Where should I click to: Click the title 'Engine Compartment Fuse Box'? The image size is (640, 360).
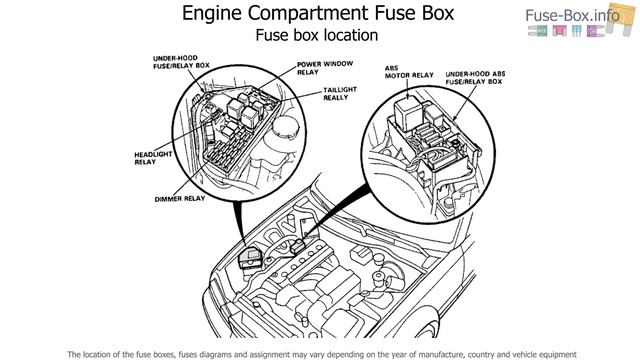[318, 13]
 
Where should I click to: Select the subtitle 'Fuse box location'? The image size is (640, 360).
[317, 35]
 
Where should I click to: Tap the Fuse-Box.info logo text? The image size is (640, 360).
[572, 16]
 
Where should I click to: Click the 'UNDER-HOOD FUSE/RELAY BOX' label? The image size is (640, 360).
[181, 62]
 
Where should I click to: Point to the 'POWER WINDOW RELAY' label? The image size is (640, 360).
[325, 68]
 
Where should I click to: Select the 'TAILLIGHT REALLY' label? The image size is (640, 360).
[340, 93]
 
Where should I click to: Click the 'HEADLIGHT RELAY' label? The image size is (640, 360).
[153, 158]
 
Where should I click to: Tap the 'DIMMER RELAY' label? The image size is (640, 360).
[180, 199]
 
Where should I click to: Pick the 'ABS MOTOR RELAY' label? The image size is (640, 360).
[409, 71]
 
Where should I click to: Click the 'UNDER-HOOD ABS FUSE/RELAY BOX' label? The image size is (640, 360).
[475, 78]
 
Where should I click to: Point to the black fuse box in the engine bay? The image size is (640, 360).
[250, 258]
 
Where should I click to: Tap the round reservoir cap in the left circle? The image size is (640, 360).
[285, 128]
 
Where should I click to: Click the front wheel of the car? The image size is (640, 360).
[429, 329]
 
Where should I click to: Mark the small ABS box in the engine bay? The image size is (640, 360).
[298, 247]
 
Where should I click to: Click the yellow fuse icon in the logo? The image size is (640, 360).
[620, 18]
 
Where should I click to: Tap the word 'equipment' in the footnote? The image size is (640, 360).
[557, 355]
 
